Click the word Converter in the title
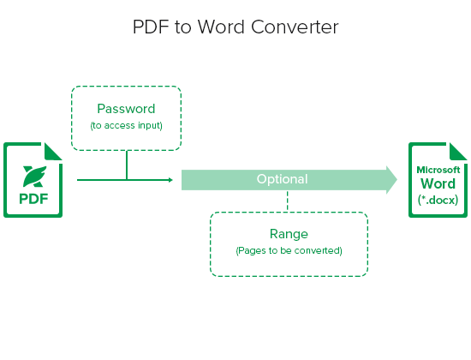click(295, 27)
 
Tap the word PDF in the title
click(151, 27)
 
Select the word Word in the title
click(221, 27)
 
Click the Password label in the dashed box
click(126, 109)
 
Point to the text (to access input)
click(126, 125)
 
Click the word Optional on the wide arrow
click(282, 179)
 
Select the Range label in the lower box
click(289, 234)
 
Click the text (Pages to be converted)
click(289, 250)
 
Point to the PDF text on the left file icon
click(33, 199)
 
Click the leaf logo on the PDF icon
click(35, 177)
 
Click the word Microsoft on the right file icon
click(438, 170)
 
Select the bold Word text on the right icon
click(438, 183)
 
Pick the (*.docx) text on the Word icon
click(438, 200)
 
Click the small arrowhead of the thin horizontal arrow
click(170, 180)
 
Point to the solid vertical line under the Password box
click(127, 165)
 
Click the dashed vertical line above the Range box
click(288, 201)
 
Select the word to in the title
click(183, 27)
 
